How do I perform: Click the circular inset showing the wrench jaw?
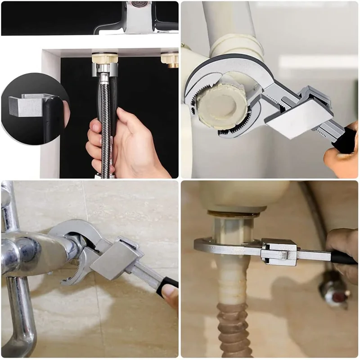tap(34, 108)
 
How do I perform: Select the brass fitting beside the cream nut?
tap(171, 59)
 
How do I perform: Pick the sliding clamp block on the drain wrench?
tap(279, 252)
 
